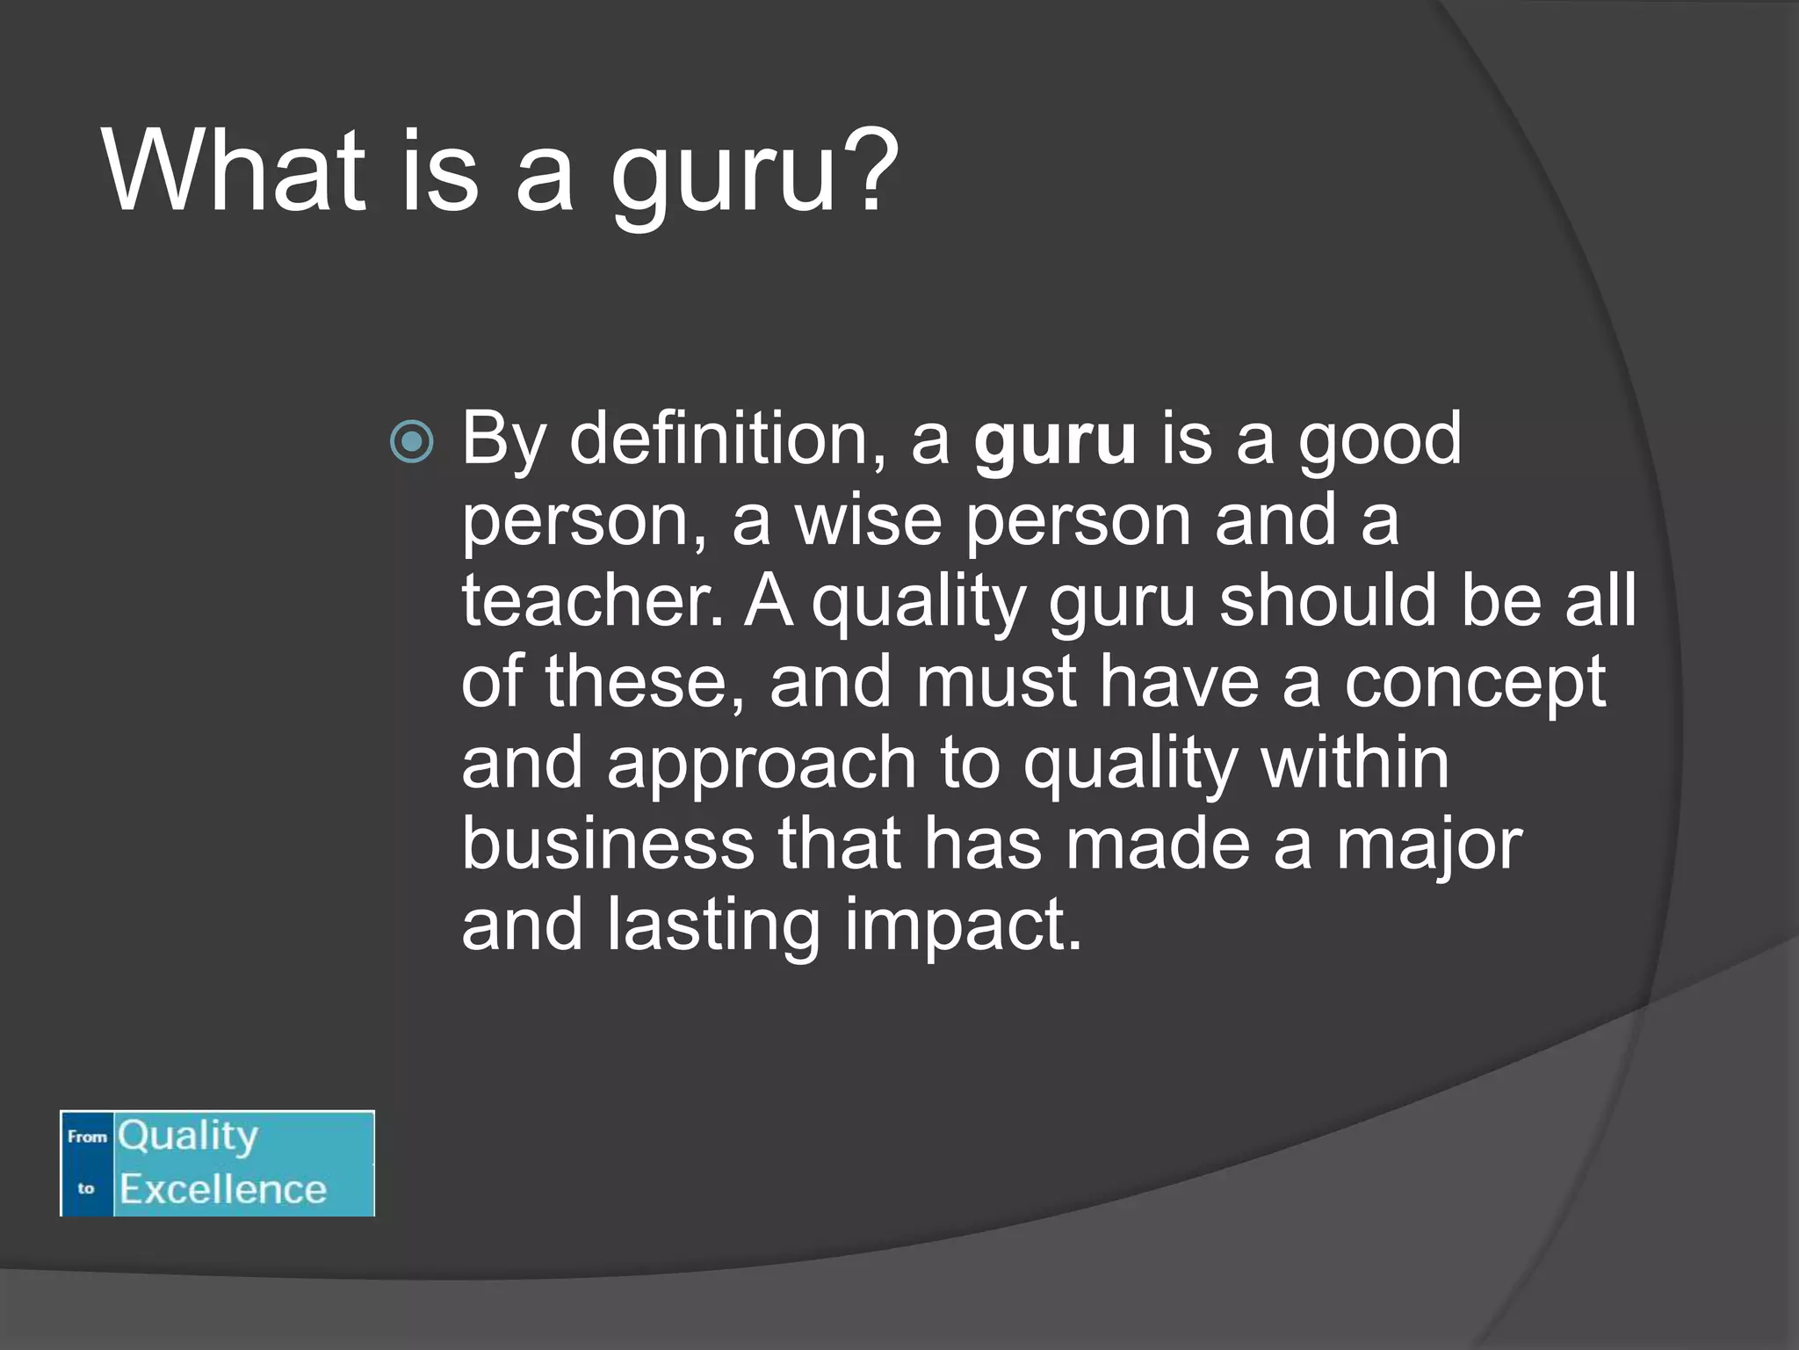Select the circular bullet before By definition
tap(412, 441)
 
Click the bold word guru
tap(1055, 439)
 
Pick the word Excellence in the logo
tap(223, 1189)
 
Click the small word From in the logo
tap(87, 1136)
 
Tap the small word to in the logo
tap(86, 1188)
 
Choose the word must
tap(996, 682)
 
